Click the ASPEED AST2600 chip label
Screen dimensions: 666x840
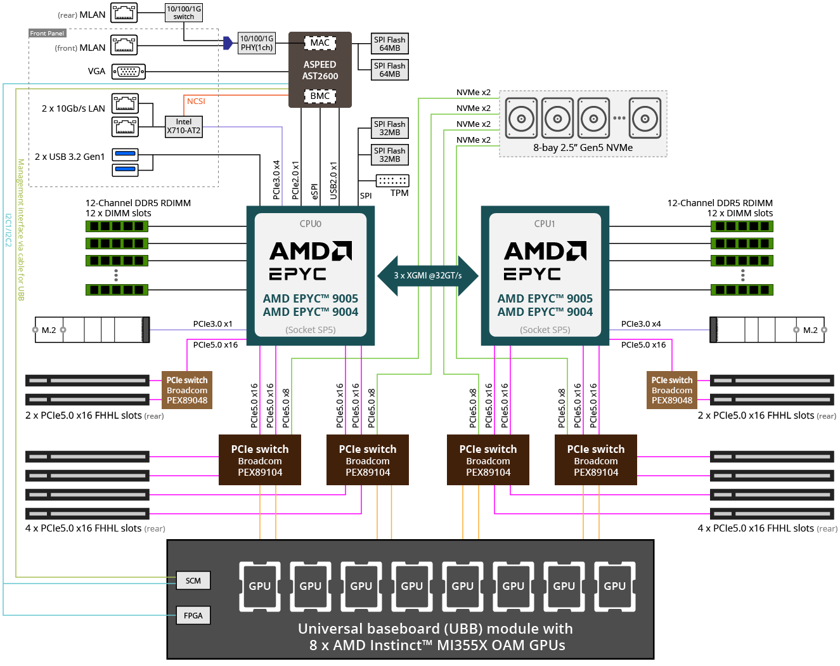[320, 70]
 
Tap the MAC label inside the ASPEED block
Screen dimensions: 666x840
[320, 42]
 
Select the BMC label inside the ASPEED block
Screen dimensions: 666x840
[320, 96]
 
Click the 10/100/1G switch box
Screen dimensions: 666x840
[184, 13]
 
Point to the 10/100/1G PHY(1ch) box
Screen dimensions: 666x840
[257, 43]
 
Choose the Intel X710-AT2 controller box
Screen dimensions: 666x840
[184, 126]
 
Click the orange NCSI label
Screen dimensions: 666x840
[196, 101]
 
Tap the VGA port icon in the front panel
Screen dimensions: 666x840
[129, 72]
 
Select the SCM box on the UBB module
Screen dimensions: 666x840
[193, 580]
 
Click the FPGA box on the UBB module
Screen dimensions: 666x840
[193, 615]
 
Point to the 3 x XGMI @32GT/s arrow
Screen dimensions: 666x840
[428, 276]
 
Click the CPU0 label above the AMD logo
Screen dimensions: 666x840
[311, 224]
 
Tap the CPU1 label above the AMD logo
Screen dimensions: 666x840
[545, 224]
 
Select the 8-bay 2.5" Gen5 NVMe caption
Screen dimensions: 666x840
[583, 148]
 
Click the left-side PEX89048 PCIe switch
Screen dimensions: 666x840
[187, 390]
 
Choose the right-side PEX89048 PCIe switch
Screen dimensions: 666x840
[672, 390]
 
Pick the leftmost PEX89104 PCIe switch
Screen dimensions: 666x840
[260, 460]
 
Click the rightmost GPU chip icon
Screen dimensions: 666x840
[614, 586]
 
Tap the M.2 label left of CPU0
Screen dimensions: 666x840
[49, 330]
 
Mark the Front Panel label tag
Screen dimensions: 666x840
[47, 33]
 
